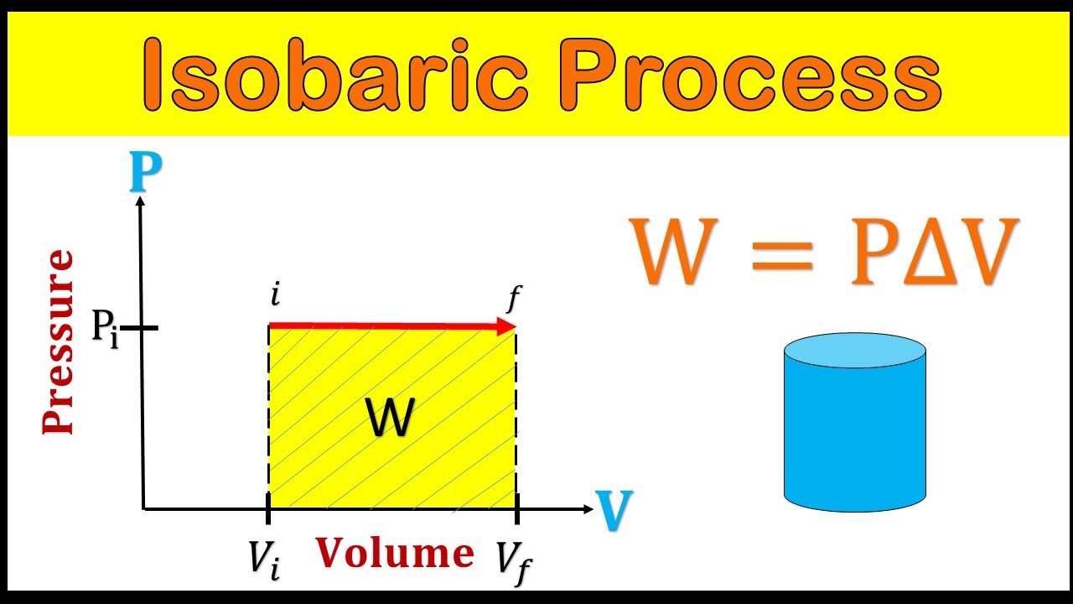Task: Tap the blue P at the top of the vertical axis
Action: point(145,174)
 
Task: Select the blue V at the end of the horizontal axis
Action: point(614,511)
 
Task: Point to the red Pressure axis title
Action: point(59,342)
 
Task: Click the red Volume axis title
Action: point(395,554)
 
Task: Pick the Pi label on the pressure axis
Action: point(105,328)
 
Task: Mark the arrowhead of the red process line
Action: point(506,326)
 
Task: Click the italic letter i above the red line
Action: point(274,295)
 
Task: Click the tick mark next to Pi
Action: point(143,326)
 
